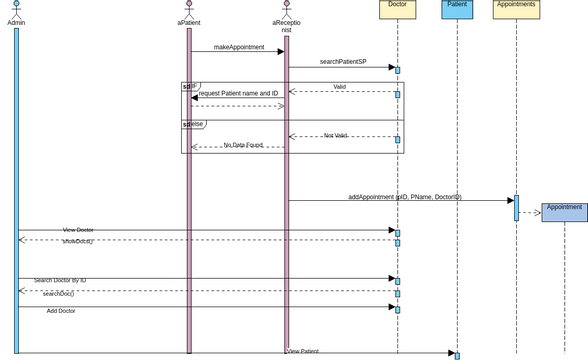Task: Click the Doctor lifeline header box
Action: tap(397, 9)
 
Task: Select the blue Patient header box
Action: tap(457, 9)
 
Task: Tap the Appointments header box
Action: tap(516, 9)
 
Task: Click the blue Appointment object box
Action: tap(564, 212)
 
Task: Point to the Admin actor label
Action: tap(16, 21)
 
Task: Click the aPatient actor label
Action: tap(189, 21)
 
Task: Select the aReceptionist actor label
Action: tap(286, 25)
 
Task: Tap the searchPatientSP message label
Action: tap(343, 62)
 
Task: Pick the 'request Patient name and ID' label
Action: tap(238, 93)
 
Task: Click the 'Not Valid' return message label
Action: tap(335, 135)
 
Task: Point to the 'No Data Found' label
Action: tap(243, 145)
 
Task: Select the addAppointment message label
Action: tap(405, 197)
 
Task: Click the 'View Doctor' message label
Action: tap(78, 230)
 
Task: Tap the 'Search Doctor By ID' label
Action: tap(60, 280)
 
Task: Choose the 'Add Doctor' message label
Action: tap(61, 311)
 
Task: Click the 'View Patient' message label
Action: tap(303, 351)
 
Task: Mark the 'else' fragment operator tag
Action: tap(193, 124)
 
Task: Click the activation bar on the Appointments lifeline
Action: tap(516, 207)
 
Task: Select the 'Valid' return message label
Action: tap(340, 87)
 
